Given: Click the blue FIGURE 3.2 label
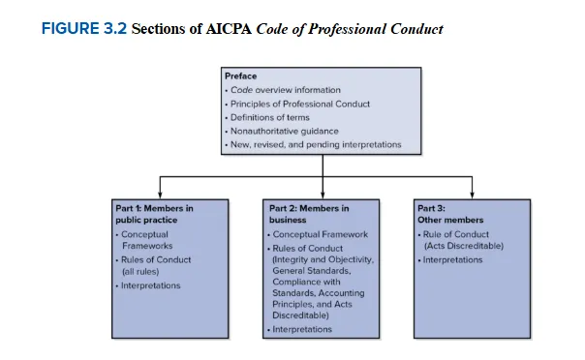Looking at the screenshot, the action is (x=84, y=29).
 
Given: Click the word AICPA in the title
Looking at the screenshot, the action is (x=229, y=29).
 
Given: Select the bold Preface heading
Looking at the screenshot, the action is (x=240, y=76).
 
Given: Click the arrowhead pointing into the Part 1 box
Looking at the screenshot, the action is (x=160, y=195).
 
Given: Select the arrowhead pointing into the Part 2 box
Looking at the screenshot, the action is (x=323, y=195).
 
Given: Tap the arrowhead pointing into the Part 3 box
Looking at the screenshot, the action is (x=472, y=195).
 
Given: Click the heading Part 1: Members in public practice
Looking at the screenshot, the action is (x=154, y=214).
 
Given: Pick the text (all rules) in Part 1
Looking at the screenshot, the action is (x=140, y=271).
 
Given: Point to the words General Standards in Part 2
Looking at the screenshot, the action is (x=312, y=271).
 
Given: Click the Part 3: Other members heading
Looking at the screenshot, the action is (x=450, y=214).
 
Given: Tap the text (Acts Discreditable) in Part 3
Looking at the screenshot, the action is (x=464, y=246).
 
